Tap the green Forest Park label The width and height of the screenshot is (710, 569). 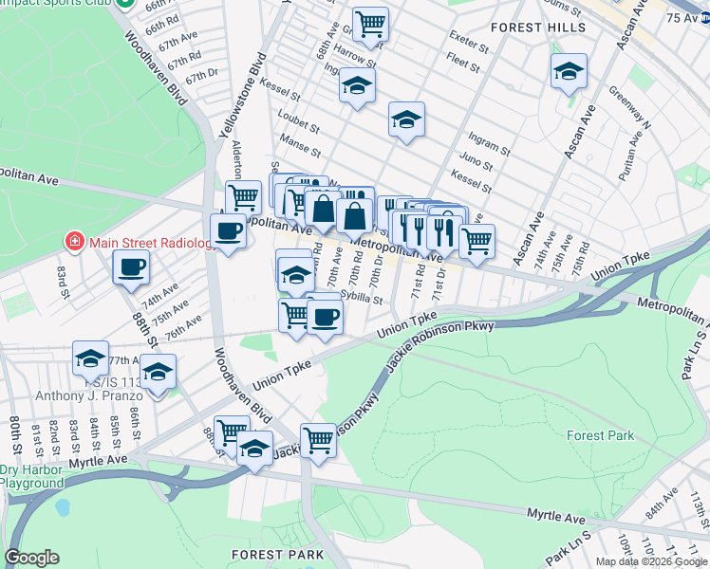[599, 435]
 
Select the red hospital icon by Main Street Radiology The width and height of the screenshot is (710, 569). [73, 242]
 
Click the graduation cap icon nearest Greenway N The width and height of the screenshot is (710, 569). [569, 71]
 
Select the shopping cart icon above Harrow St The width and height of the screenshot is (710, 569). [370, 23]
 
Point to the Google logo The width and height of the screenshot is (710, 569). [31, 558]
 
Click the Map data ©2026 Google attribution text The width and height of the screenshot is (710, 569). [651, 561]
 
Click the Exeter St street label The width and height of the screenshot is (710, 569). [469, 45]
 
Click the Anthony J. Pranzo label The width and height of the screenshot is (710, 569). [73, 395]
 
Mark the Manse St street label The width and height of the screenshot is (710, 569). [301, 149]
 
